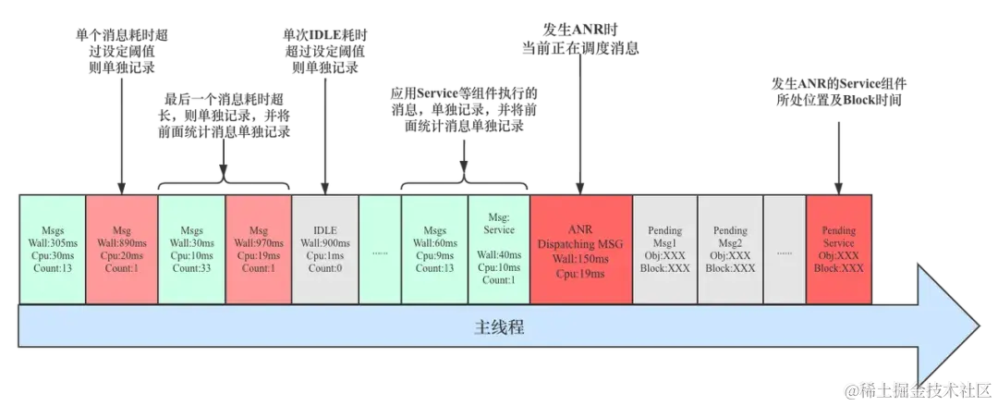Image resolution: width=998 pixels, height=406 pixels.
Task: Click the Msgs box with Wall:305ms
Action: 52,249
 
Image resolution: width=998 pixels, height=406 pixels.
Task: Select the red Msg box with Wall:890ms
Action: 122,249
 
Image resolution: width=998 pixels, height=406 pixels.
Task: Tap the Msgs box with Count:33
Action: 191,249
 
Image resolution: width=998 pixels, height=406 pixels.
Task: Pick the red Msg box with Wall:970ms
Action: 259,249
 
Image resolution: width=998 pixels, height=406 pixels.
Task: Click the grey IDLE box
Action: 325,249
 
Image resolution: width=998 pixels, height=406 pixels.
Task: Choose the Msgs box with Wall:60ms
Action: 434,249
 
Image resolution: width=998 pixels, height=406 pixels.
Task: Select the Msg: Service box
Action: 499,249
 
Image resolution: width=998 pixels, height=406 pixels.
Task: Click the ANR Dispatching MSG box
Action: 581,249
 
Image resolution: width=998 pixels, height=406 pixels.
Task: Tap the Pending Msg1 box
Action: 664,249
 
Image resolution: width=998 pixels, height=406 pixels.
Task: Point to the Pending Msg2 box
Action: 730,249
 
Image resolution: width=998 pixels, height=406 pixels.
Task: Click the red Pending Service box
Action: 839,249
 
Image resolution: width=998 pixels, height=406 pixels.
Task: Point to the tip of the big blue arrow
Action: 978,328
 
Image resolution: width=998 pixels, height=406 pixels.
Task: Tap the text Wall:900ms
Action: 325,243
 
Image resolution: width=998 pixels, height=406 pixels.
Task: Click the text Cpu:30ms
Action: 52,255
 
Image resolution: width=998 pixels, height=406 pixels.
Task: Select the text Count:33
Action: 191,268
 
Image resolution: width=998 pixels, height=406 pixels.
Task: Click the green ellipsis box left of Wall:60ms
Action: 380,249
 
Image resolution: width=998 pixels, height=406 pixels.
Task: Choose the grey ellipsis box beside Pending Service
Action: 785,249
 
